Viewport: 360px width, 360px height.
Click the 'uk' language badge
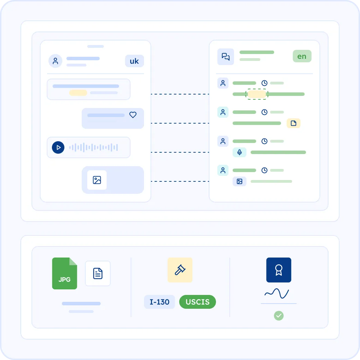pyautogui.click(x=134, y=61)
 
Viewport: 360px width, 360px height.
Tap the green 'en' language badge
pyautogui.click(x=302, y=56)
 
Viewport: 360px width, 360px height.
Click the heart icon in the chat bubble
pyautogui.click(x=133, y=115)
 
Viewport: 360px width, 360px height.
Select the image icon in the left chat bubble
pyautogui.click(x=97, y=180)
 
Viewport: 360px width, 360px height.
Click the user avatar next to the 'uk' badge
pyautogui.click(x=55, y=61)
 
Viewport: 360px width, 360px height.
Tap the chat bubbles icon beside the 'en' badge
pyautogui.click(x=226, y=56)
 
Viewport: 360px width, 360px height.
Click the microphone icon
pyautogui.click(x=240, y=152)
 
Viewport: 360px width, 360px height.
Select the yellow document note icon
pyautogui.click(x=294, y=123)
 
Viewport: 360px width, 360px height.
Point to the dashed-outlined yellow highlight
pyautogui.click(x=257, y=94)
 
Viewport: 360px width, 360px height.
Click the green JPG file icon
pyautogui.click(x=64, y=273)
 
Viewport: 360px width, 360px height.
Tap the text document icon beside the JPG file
pyautogui.click(x=98, y=273)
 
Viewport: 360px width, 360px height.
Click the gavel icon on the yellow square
pyautogui.click(x=180, y=270)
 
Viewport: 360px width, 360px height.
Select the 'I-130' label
pyautogui.click(x=159, y=302)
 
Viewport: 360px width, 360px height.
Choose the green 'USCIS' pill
pyautogui.click(x=197, y=302)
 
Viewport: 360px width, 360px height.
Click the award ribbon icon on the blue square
pyautogui.click(x=279, y=270)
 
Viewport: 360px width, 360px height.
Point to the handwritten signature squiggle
pyautogui.click(x=277, y=294)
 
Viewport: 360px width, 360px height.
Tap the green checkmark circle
pyautogui.click(x=279, y=316)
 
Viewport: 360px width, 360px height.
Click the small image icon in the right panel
pyautogui.click(x=240, y=181)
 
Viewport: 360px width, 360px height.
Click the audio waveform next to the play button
pyautogui.click(x=93, y=147)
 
